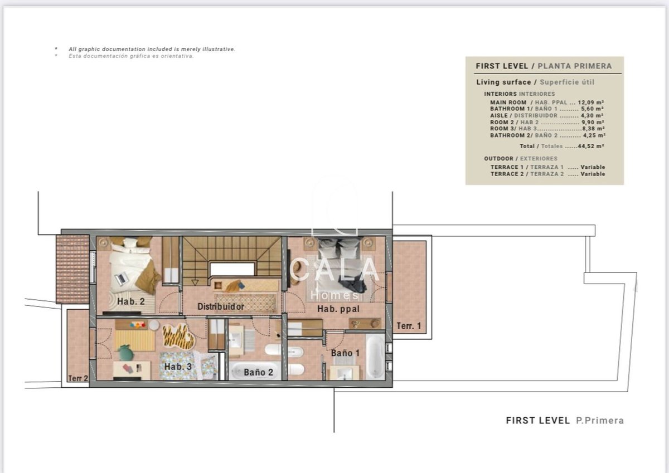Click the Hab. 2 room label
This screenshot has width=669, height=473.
[131, 301]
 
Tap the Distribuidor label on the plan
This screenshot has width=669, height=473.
[221, 306]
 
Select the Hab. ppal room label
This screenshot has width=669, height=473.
[338, 309]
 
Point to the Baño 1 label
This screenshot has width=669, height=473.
[345, 353]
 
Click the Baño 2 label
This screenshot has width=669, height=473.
[258, 372]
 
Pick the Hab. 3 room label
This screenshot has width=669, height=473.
[178, 367]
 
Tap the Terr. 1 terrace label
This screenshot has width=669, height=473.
[409, 326]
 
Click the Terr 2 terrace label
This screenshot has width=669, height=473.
[78, 378]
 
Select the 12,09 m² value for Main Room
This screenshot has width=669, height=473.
[591, 103]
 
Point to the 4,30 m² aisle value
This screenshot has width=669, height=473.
[592, 115]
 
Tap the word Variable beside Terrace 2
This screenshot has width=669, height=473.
[593, 174]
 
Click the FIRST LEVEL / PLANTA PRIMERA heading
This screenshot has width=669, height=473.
[544, 66]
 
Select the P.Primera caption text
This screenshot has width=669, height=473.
[600, 421]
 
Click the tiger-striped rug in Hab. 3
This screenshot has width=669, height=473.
[178, 337]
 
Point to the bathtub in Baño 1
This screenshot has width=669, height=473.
[375, 357]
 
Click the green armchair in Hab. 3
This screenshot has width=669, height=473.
[126, 352]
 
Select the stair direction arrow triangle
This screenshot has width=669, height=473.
[195, 282]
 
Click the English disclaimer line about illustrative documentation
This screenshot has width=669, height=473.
[152, 49]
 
